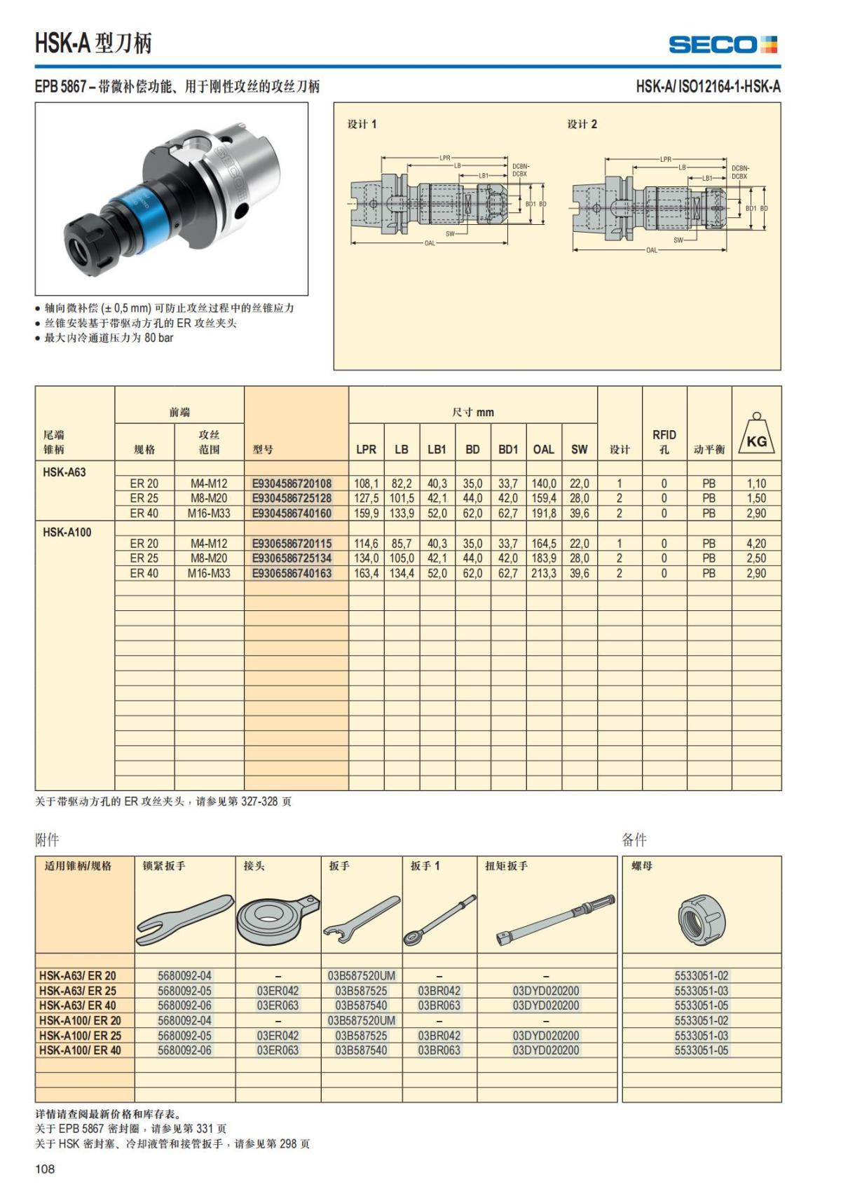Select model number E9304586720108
tap(292, 483)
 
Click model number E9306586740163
tap(292, 573)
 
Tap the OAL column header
tap(543, 449)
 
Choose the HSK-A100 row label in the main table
tap(67, 532)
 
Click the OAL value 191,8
tap(543, 513)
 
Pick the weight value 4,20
tap(756, 544)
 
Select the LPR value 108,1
tap(366, 483)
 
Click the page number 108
tap(45, 1169)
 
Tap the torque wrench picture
tap(555, 919)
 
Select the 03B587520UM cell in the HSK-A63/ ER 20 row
tap(361, 975)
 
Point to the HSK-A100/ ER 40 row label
tap(80, 1050)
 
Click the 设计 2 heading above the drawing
tap(582, 124)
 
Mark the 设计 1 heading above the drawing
tap(362, 124)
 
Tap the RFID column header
tap(664, 441)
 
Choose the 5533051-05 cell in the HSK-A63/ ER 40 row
tap(701, 1005)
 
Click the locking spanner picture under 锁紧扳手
tap(184, 919)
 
